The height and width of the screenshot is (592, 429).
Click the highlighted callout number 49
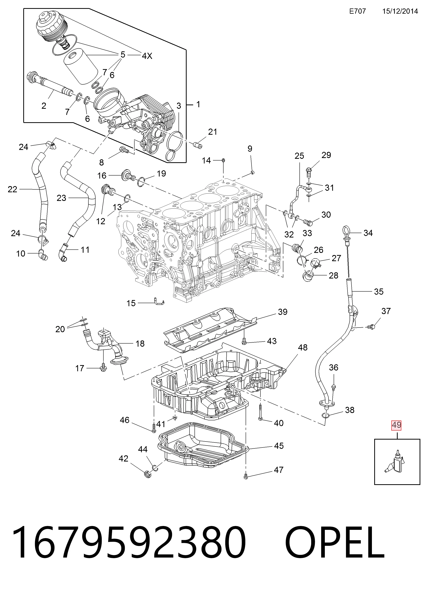396,425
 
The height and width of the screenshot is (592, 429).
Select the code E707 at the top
357,11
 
